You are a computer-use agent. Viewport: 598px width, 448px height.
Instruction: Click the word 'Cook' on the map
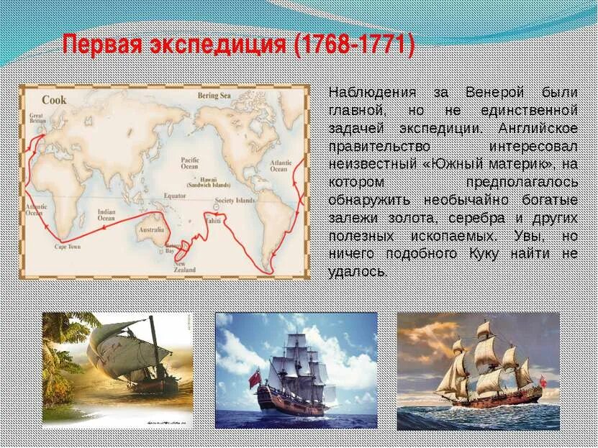point(54,99)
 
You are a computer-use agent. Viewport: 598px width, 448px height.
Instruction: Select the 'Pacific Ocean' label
point(190,162)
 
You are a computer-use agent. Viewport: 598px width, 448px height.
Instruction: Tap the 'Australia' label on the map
point(151,230)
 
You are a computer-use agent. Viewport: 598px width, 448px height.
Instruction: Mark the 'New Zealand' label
point(185,267)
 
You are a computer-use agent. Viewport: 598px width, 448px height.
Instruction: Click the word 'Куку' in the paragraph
point(464,254)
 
